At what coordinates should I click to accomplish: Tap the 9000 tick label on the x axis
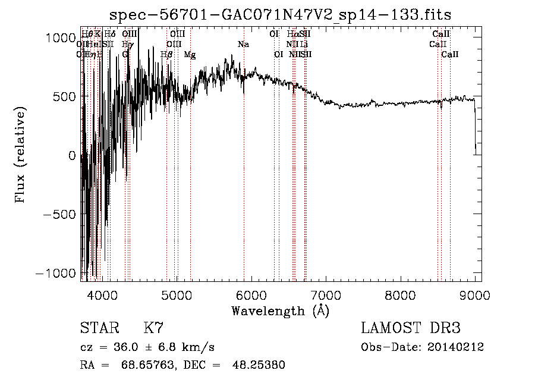475,294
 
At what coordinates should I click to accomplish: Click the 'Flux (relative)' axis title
21,156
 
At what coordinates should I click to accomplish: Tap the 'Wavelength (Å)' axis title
281,310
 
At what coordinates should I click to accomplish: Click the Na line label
243,45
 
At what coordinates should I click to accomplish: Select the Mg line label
190,55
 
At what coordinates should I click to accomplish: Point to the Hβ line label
166,55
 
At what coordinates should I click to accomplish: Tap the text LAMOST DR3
411,328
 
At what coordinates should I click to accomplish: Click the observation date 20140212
455,347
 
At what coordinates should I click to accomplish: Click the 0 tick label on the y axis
72,156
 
